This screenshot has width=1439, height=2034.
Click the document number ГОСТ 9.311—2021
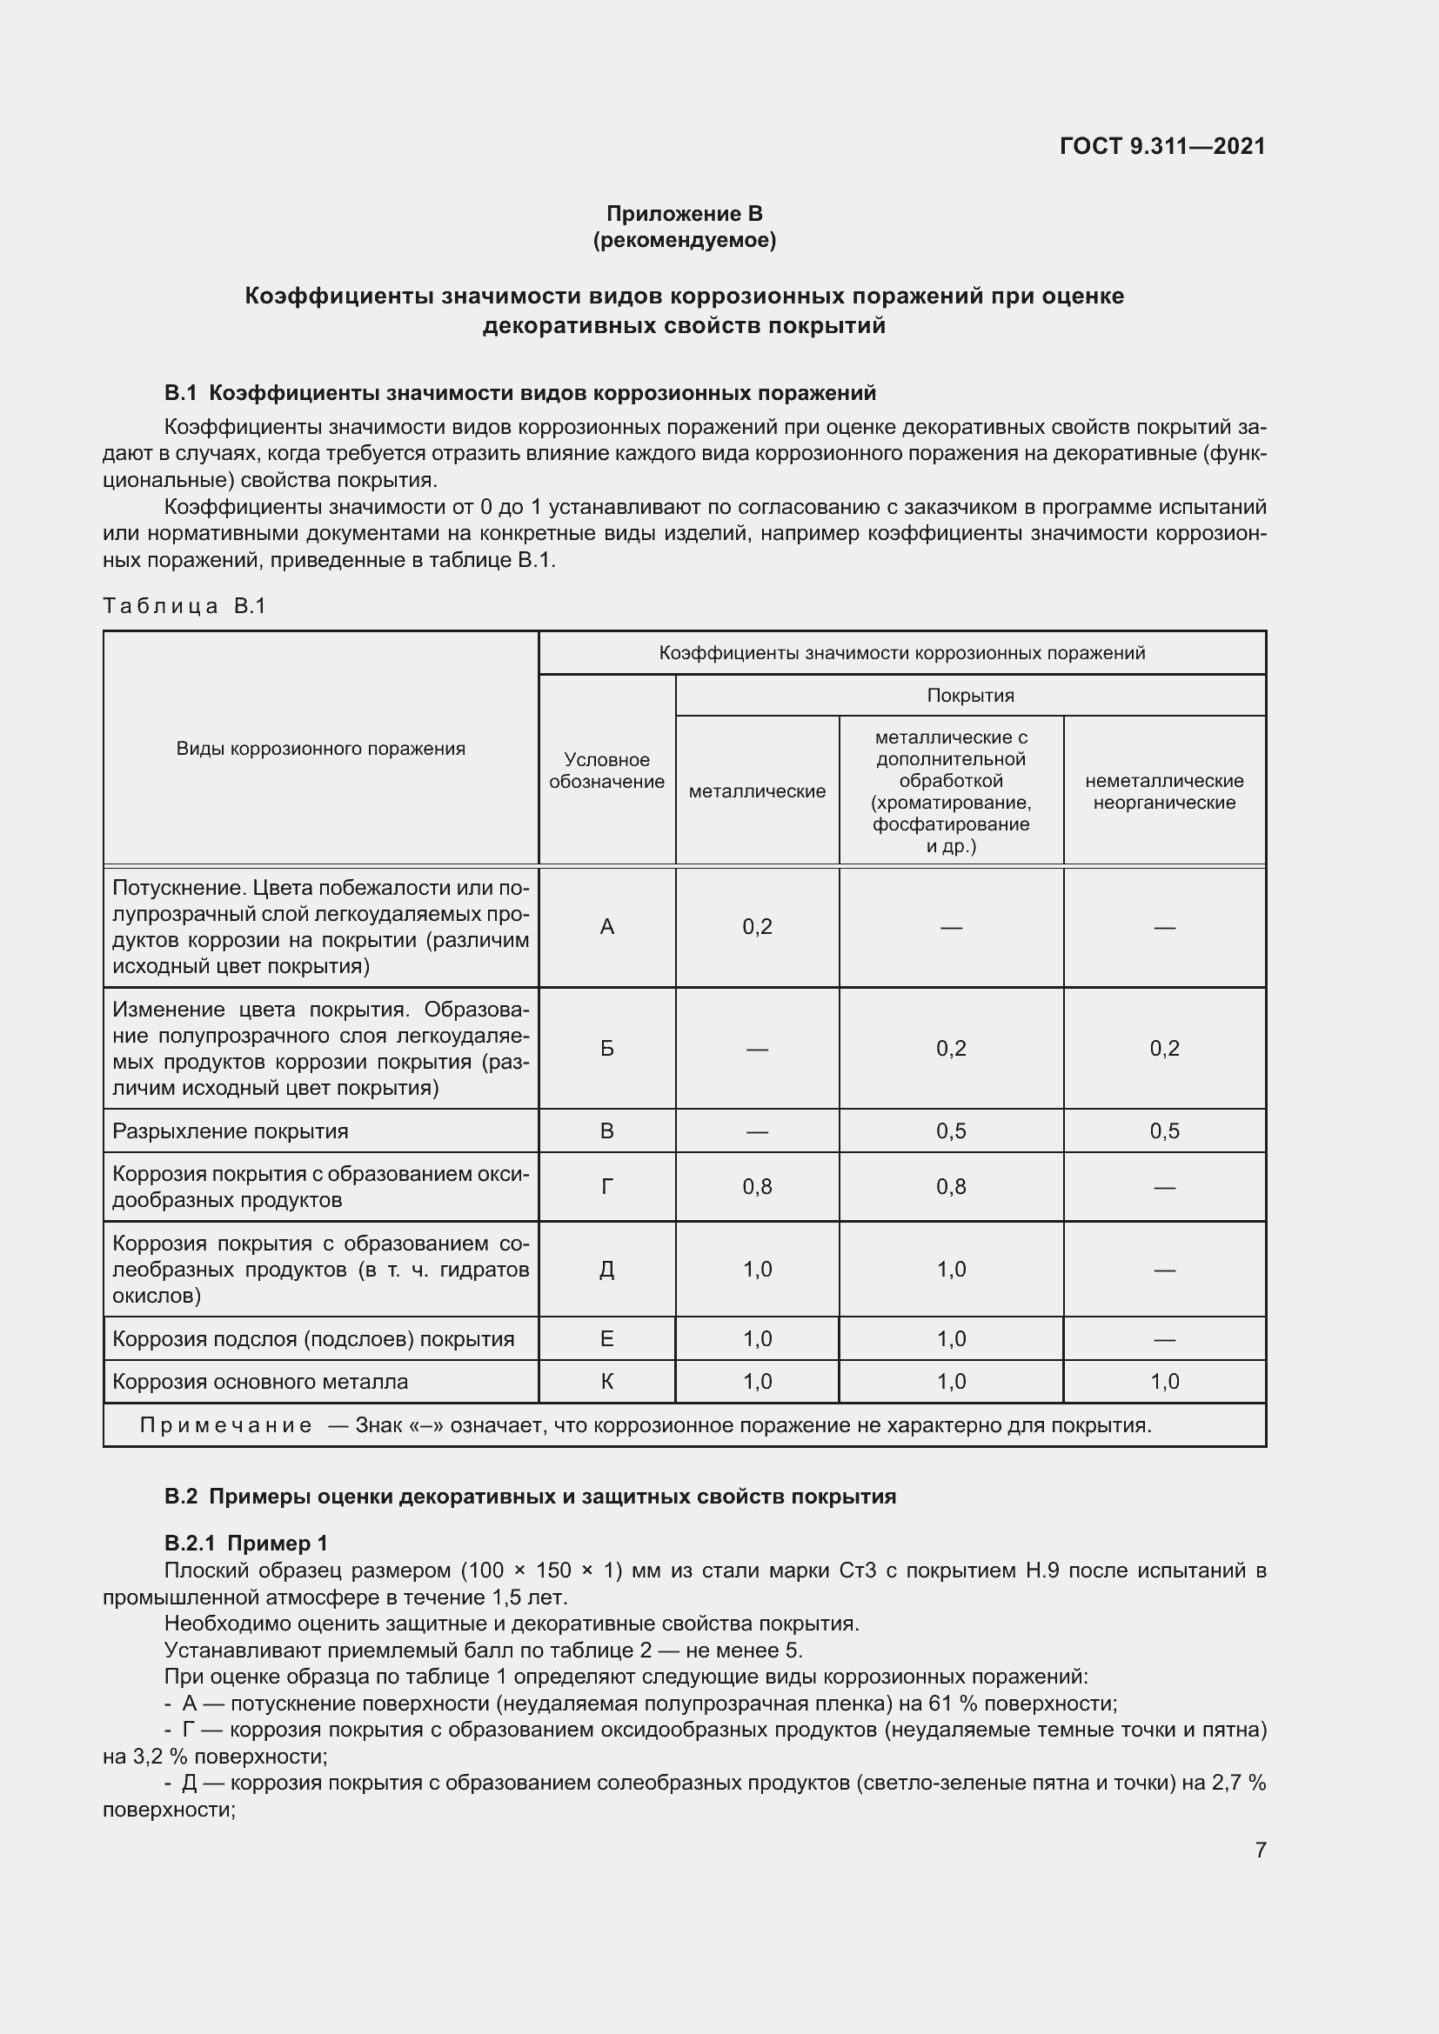click(x=1161, y=146)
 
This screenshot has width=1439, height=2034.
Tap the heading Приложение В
click(x=684, y=214)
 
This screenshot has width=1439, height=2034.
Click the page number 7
click(x=1260, y=1850)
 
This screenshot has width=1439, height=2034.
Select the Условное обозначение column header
click(x=606, y=770)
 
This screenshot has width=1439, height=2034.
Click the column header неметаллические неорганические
click(x=1163, y=791)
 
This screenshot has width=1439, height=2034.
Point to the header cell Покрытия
click(x=969, y=696)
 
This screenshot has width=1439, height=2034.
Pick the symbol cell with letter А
click(x=606, y=927)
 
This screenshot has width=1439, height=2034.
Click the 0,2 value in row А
click(x=757, y=927)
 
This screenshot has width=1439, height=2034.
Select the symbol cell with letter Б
click(x=606, y=1048)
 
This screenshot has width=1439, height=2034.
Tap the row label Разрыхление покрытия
click(x=231, y=1131)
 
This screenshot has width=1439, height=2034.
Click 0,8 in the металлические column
click(x=757, y=1186)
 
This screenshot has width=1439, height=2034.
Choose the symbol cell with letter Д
click(x=606, y=1270)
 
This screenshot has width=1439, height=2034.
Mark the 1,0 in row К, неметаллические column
click(x=1163, y=1382)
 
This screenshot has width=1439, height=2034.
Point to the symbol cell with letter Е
click(x=606, y=1338)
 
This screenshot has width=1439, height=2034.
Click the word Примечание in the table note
click(x=226, y=1425)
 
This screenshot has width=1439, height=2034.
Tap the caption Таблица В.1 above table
click(x=184, y=606)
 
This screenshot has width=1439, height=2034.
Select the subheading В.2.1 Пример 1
click(x=245, y=1544)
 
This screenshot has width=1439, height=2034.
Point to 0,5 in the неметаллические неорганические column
click(x=1163, y=1131)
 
